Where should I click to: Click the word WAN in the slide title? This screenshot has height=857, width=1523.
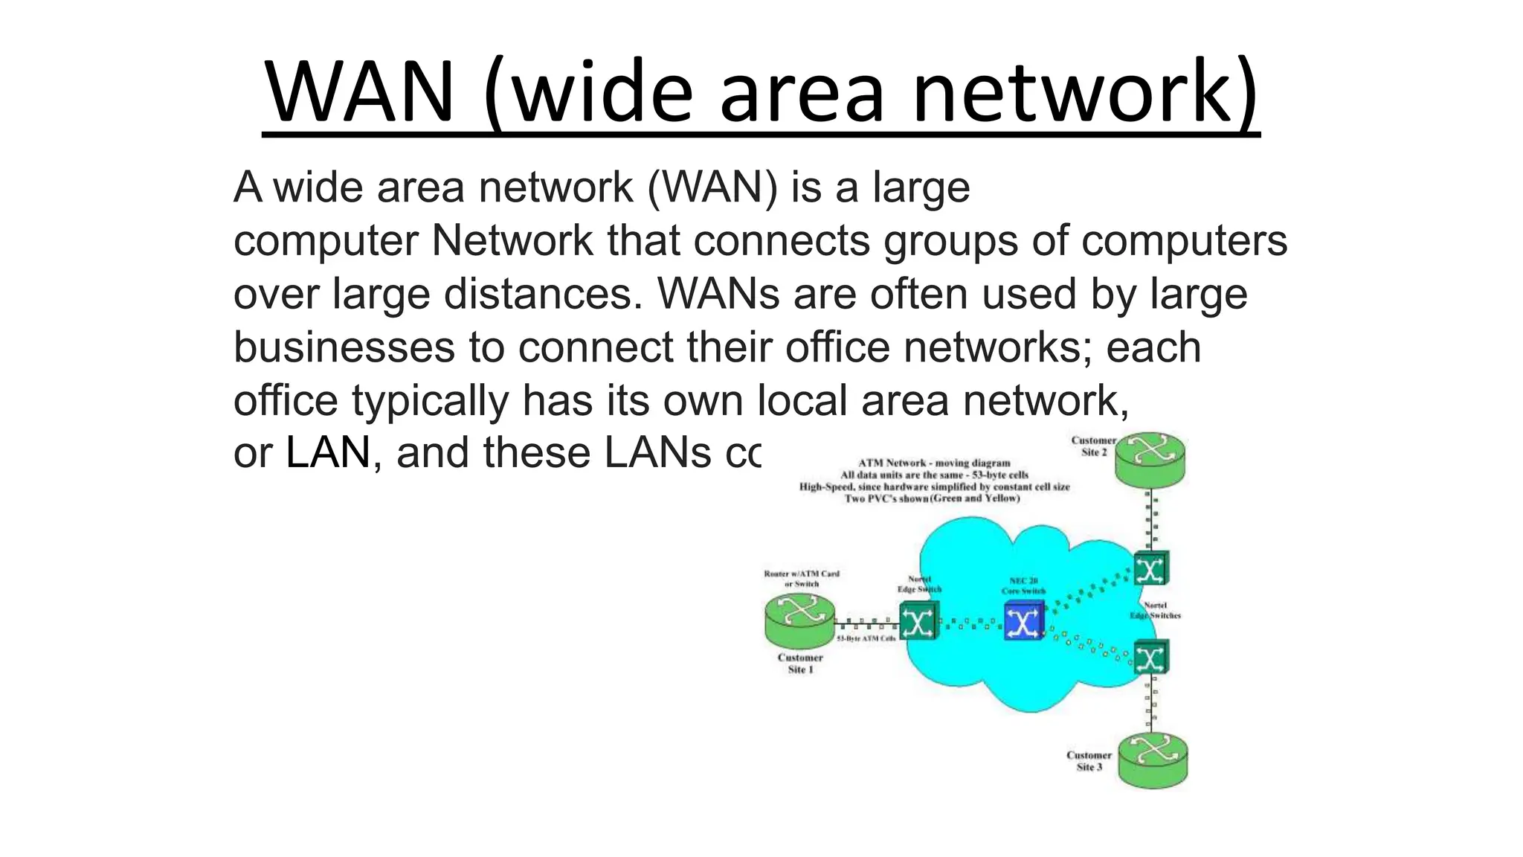click(360, 93)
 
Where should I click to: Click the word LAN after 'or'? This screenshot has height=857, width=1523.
click(328, 453)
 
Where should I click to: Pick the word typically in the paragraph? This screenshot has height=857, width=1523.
click(431, 400)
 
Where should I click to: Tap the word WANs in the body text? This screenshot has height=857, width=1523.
click(718, 294)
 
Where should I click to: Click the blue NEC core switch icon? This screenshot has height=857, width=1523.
click(1024, 621)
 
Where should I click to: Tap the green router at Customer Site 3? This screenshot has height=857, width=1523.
click(1153, 760)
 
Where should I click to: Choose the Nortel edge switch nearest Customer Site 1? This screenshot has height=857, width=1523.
click(918, 620)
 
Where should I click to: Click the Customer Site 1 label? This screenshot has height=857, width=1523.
click(800, 664)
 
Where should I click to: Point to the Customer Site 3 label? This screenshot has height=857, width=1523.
click(1089, 761)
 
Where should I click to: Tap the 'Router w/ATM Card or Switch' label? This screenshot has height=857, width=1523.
click(802, 579)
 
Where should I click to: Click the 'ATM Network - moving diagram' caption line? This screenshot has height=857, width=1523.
click(934, 463)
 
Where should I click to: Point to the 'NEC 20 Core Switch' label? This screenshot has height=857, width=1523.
click(1023, 586)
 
